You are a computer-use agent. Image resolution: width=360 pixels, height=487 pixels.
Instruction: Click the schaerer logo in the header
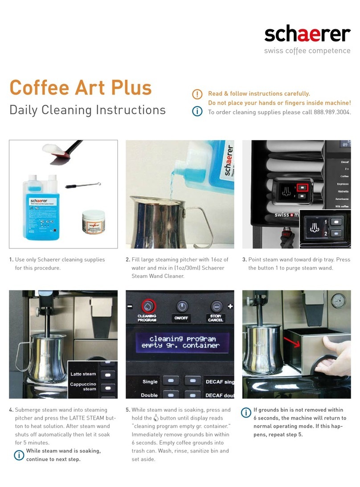(307, 34)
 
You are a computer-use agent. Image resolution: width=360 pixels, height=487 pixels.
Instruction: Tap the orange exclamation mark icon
(197, 95)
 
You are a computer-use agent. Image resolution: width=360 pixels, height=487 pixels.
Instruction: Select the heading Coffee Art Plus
(81, 87)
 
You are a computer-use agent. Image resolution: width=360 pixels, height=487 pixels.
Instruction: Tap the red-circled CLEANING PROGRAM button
(147, 306)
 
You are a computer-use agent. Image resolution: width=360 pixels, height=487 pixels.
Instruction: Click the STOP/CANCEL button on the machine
(216, 306)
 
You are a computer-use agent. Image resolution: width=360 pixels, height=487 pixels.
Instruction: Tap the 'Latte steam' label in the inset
(83, 374)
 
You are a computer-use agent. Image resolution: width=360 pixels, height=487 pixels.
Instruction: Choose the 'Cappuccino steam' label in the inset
(83, 386)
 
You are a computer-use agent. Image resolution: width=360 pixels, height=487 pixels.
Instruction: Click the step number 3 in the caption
(244, 260)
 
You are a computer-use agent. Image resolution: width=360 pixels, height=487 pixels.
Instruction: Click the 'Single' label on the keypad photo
(150, 382)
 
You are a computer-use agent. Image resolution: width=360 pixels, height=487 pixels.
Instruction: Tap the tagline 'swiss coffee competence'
(307, 51)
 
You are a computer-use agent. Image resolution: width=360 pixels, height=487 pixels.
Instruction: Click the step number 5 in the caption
(128, 410)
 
